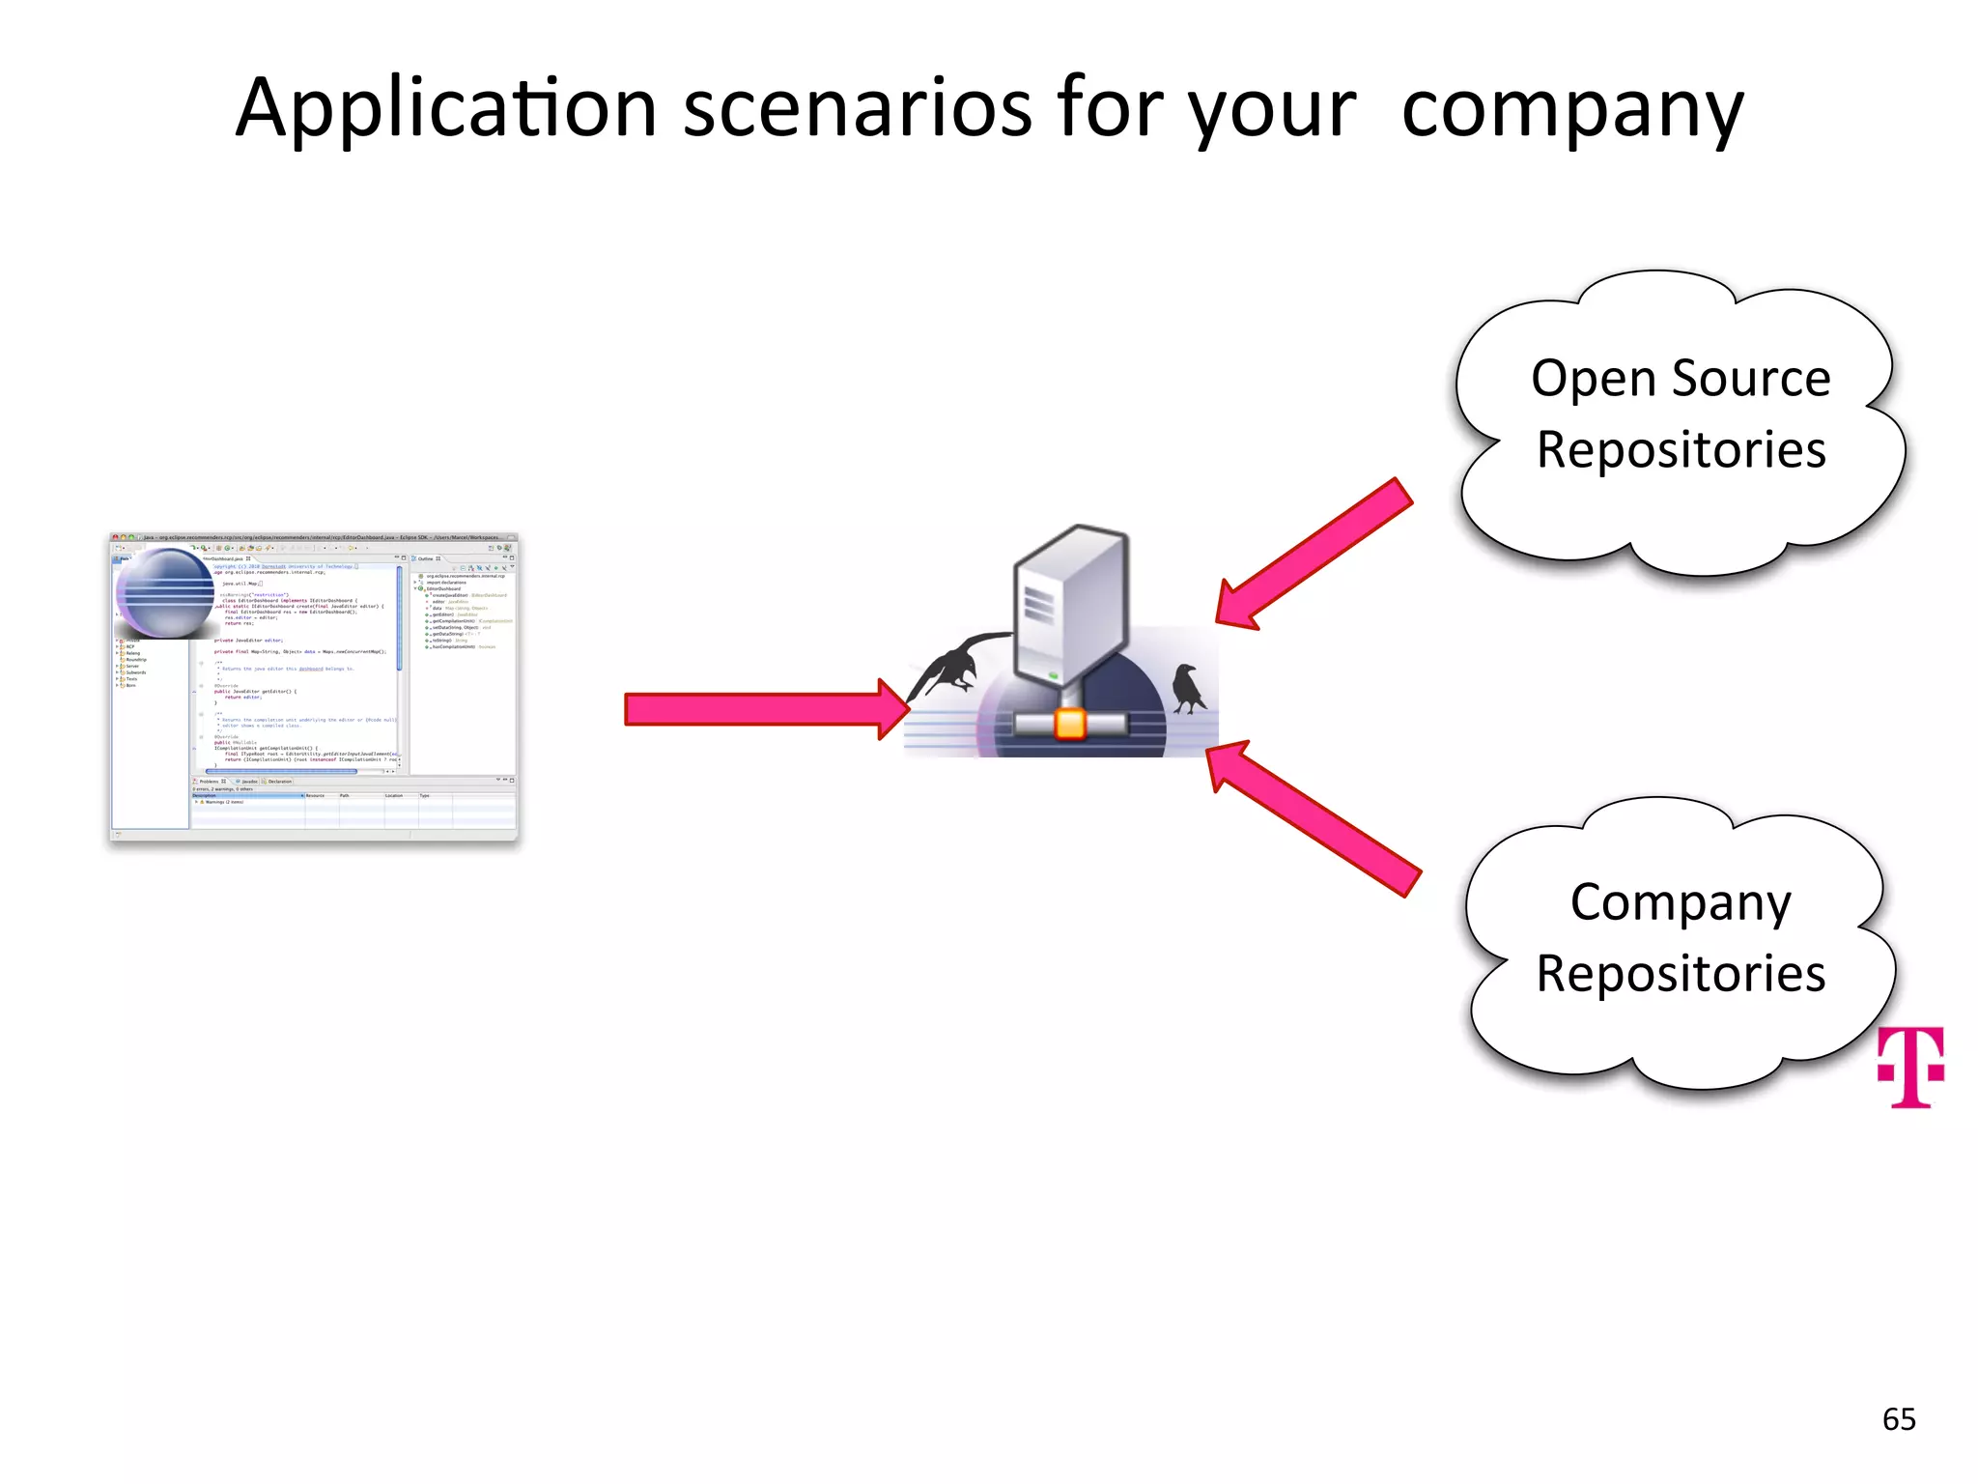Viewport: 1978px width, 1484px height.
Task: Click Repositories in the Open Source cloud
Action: tap(1681, 450)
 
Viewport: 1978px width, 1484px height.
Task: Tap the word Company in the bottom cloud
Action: tap(1681, 904)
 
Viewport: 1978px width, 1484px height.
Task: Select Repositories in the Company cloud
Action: tap(1681, 974)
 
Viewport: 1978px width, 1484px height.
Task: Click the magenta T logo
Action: tap(1910, 1067)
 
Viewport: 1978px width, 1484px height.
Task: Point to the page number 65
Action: tap(1899, 1419)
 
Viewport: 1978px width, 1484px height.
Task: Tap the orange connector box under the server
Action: tap(1070, 724)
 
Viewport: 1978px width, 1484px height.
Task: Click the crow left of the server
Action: tap(950, 667)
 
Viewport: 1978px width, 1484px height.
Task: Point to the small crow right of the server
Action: tap(1188, 688)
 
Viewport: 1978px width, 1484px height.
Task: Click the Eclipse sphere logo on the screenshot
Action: tap(165, 593)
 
